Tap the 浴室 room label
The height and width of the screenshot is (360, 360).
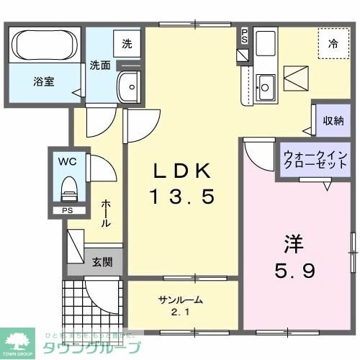(x=45, y=82)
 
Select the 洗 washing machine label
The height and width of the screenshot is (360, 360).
(x=127, y=43)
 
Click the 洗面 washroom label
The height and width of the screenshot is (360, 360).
(x=100, y=65)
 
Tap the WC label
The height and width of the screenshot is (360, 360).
(x=66, y=161)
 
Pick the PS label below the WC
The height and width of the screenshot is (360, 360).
(x=66, y=212)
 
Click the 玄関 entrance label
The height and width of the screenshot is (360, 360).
(x=102, y=262)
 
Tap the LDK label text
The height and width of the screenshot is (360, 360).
(x=182, y=171)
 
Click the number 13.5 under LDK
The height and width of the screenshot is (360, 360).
(x=182, y=197)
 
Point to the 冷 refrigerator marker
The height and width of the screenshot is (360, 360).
(x=333, y=44)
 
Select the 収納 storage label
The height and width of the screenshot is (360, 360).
(x=333, y=121)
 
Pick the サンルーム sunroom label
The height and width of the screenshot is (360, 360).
(x=181, y=300)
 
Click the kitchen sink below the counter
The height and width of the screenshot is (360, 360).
(x=265, y=88)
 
